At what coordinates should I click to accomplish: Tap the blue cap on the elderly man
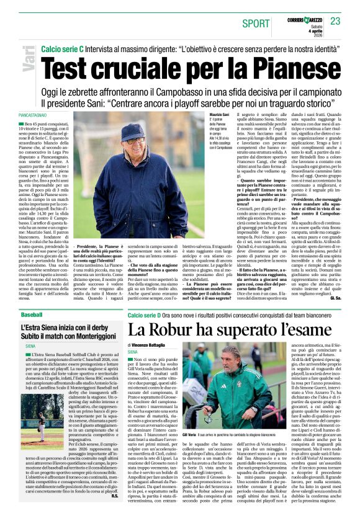click(x=133, y=132)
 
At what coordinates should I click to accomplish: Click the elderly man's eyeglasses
click(x=132, y=141)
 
